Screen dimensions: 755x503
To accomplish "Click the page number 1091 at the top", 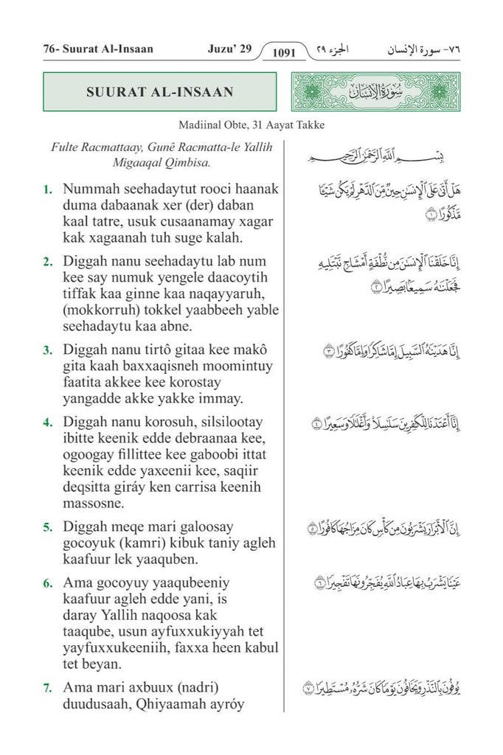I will [x=283, y=52].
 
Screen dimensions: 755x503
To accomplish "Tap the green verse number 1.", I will [x=47, y=189].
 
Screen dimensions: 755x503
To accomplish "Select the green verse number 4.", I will [x=47, y=422].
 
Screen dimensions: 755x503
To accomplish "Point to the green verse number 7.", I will [x=47, y=688].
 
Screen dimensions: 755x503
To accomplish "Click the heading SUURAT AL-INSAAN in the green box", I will [x=160, y=92].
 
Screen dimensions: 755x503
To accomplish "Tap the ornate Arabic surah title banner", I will [x=375, y=92].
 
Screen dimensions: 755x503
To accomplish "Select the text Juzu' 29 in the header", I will [x=230, y=49].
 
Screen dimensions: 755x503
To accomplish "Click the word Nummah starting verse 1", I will [x=90, y=189].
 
